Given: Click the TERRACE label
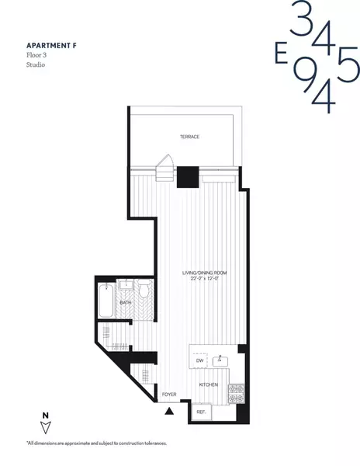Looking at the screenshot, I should point(189,137).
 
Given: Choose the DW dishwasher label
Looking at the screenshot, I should point(199,360).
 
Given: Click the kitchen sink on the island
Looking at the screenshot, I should point(222,360).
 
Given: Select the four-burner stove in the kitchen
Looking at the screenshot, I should point(237,392).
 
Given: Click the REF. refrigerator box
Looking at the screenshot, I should point(201,412).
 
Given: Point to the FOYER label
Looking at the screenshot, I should point(169,395).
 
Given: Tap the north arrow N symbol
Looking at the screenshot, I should point(47,425).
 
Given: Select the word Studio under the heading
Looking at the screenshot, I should point(36,66).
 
